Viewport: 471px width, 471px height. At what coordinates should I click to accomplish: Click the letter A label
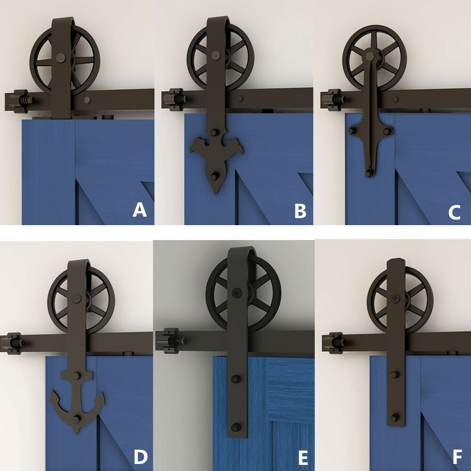(139, 210)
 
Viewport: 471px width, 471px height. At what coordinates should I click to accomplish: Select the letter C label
(454, 212)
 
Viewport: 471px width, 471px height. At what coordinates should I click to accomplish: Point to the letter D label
(140, 456)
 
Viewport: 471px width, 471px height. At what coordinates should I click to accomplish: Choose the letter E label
(303, 457)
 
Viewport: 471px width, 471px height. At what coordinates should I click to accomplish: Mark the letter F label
(456, 457)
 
